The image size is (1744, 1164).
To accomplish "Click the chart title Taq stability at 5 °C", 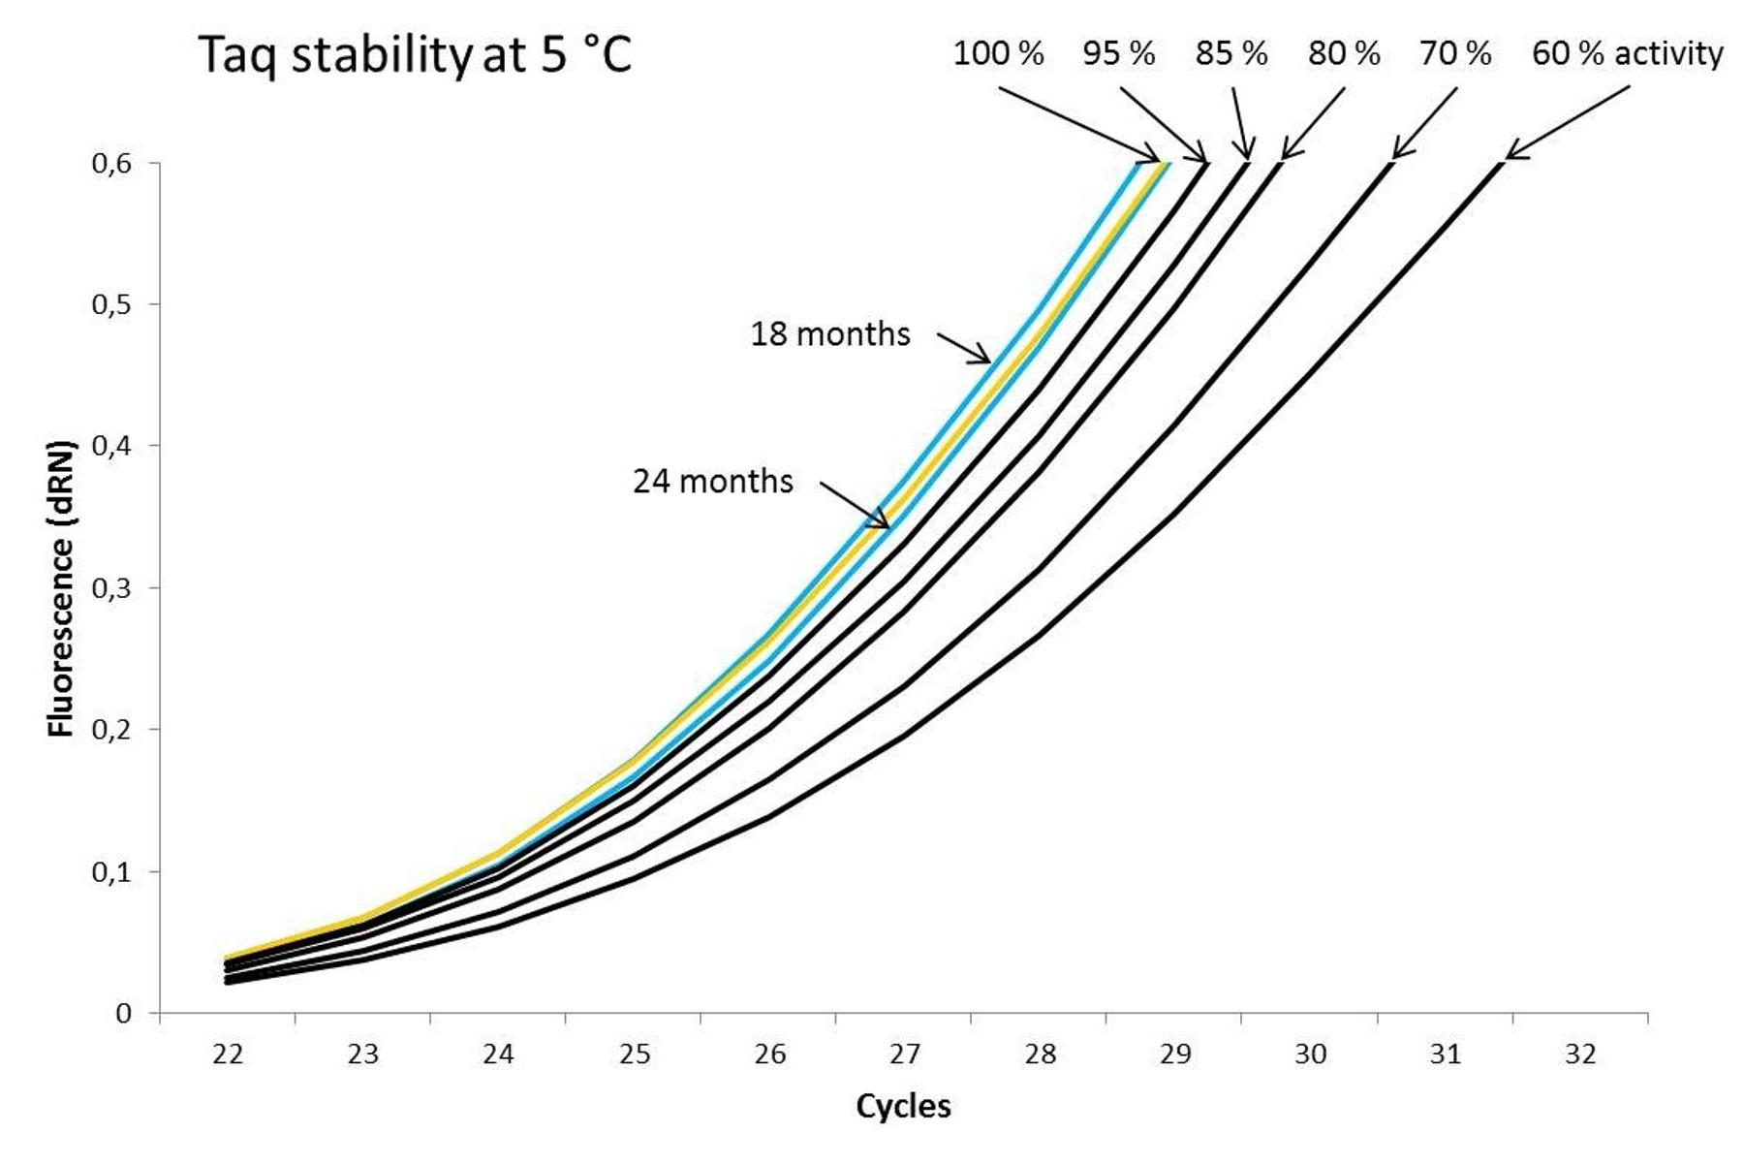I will coord(415,54).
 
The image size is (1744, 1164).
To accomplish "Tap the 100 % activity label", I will coord(998,53).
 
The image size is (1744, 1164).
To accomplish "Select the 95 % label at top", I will coord(1119,53).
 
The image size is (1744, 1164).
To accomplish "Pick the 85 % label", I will coord(1231,53).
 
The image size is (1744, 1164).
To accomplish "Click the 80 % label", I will coord(1344,53).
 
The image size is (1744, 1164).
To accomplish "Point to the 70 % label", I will coord(1455,53).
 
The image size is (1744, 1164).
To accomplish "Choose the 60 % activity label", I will coord(1627,53).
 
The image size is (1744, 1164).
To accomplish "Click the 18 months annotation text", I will coord(830,334).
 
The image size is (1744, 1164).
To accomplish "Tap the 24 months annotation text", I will coord(713,482).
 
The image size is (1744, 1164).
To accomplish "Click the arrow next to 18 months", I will coord(964,348).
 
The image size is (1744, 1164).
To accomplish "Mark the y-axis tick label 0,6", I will coord(111,163).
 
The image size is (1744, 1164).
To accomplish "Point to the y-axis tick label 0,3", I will coord(111,588).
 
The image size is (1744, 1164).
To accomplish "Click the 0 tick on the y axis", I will coord(123,1013).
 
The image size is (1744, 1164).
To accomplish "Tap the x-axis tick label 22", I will coord(228,1054).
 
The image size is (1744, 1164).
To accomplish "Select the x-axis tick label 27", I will coord(904,1054).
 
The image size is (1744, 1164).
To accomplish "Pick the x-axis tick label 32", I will coord(1580,1054).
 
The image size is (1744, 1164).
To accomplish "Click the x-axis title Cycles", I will coord(903,1106).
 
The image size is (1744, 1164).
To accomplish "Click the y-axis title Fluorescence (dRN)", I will coord(61,588).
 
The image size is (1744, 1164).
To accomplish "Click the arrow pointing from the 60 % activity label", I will coord(1567,122).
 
